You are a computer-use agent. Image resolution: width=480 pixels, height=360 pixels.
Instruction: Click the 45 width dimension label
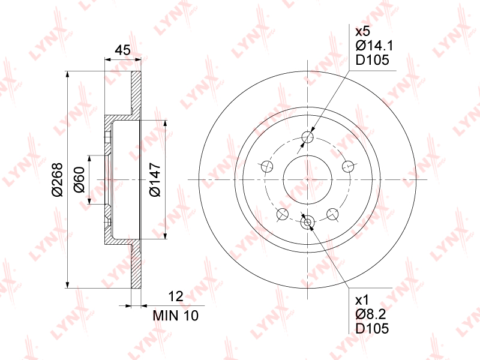[122, 50]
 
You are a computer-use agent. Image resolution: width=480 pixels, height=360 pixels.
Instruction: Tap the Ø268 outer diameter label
[57, 179]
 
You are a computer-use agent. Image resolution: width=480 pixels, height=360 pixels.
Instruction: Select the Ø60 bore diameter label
[79, 179]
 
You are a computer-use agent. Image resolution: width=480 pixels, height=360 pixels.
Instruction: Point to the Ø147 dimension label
[155, 179]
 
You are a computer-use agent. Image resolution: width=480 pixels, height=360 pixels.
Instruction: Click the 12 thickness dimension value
[176, 296]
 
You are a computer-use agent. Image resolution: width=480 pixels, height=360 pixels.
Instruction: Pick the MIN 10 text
[176, 316]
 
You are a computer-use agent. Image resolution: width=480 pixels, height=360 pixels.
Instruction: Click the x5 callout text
[363, 31]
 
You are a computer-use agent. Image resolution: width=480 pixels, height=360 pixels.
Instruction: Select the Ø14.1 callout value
[374, 46]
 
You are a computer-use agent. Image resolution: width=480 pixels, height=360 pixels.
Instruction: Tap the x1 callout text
[362, 301]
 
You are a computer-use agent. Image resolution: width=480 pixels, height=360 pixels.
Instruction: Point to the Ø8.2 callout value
[371, 314]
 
